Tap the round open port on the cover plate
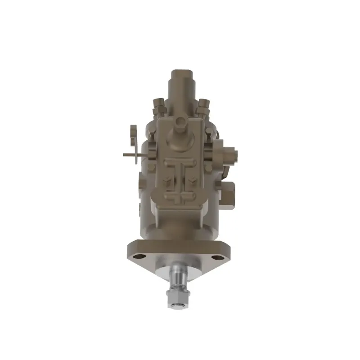tap(180, 121)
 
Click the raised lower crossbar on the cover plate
tap(180, 197)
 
